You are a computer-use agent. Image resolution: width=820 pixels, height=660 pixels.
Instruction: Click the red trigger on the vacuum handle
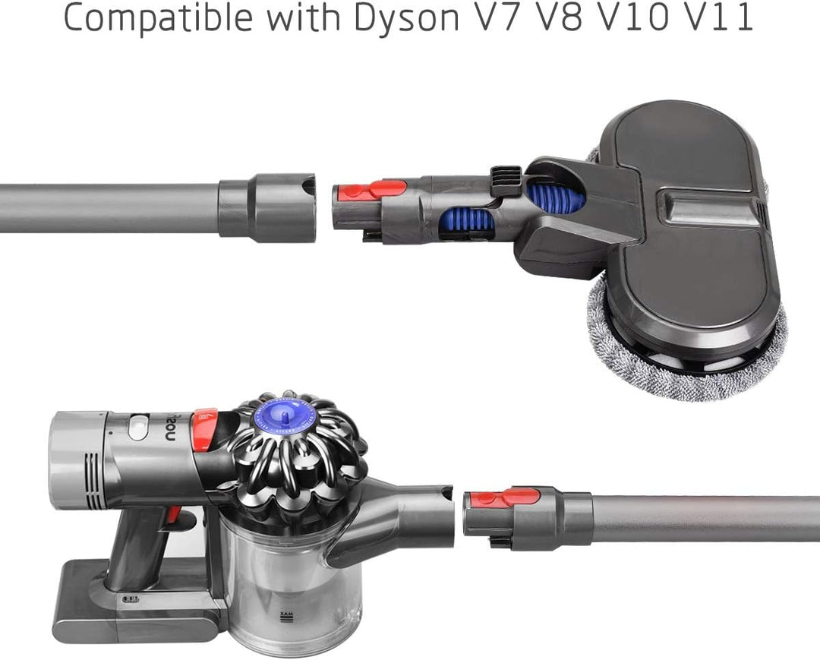[x=174, y=514]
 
